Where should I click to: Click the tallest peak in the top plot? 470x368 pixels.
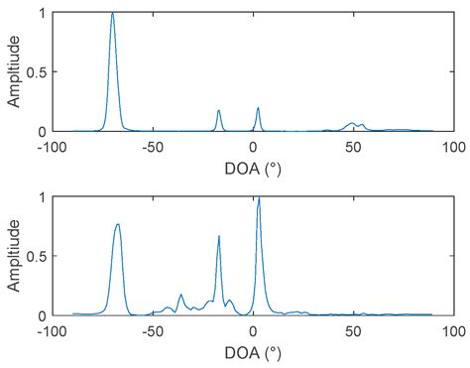coord(113,14)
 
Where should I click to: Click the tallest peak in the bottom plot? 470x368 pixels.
coord(259,198)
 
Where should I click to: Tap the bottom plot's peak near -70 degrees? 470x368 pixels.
coord(118,225)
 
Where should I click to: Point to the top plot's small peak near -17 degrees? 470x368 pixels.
coord(219,111)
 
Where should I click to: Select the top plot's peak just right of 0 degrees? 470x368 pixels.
coord(258,108)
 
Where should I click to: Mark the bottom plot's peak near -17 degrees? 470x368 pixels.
coord(219,236)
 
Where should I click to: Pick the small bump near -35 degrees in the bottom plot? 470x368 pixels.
coord(181,295)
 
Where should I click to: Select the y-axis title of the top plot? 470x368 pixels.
coord(13,71)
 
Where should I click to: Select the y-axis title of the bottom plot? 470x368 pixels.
coord(13,255)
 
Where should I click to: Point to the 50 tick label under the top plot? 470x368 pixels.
coord(353,147)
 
